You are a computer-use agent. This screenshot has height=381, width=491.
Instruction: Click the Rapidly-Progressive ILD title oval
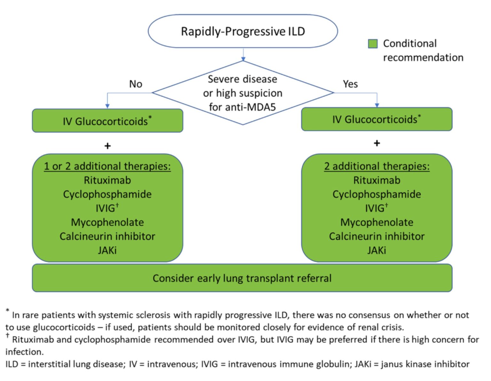[243, 31]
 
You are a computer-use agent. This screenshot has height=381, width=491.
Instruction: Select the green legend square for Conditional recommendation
[373, 44]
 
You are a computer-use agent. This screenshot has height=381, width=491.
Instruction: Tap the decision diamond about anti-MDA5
[243, 93]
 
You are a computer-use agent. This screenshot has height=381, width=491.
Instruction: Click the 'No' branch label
[136, 84]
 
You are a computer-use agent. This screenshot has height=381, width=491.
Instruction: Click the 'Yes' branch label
[350, 84]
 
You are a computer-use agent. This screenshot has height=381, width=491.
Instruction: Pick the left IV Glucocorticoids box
[107, 121]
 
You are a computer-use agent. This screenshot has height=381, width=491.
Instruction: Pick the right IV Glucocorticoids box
[377, 119]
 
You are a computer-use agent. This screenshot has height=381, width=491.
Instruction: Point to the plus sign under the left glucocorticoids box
[107, 146]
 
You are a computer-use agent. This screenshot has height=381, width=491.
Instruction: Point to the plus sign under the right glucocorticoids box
[377, 143]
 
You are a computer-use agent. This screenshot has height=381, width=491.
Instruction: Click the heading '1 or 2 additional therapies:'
[107, 166]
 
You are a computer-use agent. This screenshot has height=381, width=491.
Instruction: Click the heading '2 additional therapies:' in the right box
[377, 166]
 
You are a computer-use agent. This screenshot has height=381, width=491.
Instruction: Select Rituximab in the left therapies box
[107, 180]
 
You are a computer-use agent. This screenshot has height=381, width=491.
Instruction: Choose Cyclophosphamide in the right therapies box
[377, 194]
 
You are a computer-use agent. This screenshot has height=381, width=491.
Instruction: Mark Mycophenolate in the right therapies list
[377, 222]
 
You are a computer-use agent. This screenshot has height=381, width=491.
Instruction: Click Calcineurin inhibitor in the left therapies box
[107, 236]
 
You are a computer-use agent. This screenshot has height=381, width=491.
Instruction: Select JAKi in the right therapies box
[377, 250]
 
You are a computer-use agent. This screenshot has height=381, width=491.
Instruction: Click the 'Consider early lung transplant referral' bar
[242, 278]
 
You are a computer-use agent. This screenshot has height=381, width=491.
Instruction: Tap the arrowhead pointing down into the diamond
[243, 59]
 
